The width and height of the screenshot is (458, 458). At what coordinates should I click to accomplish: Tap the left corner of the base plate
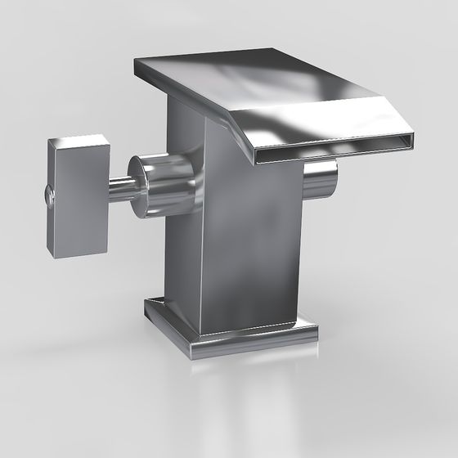click(145, 304)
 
